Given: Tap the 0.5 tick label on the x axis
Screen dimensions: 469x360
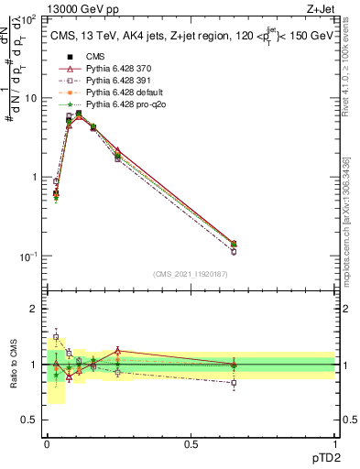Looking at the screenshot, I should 191,443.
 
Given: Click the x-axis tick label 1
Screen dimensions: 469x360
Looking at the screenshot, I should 335,443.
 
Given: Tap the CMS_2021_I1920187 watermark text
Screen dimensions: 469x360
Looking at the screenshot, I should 190,273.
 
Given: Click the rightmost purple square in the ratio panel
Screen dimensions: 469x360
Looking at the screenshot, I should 234,383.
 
